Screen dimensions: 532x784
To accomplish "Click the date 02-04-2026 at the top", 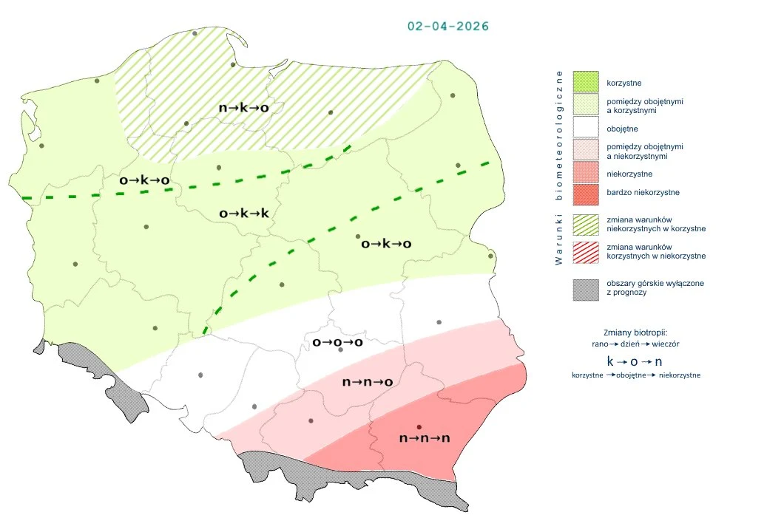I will tap(447, 26).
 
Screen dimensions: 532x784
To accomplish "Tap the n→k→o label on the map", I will tap(243, 108).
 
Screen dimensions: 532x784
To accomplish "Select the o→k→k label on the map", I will tap(244, 214).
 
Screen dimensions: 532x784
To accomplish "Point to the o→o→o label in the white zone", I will tap(337, 342).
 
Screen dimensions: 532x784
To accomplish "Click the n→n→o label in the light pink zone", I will tap(367, 382).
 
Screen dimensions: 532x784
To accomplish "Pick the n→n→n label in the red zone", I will tap(425, 438).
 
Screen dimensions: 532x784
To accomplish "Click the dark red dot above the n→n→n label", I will tap(419, 427).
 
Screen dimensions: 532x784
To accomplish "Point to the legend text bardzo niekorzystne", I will tap(643, 192).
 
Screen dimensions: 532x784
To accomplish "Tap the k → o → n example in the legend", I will tap(635, 361).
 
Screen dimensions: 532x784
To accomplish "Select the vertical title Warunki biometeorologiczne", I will tap(559, 167).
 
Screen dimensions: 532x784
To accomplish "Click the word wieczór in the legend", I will tap(665, 344).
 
